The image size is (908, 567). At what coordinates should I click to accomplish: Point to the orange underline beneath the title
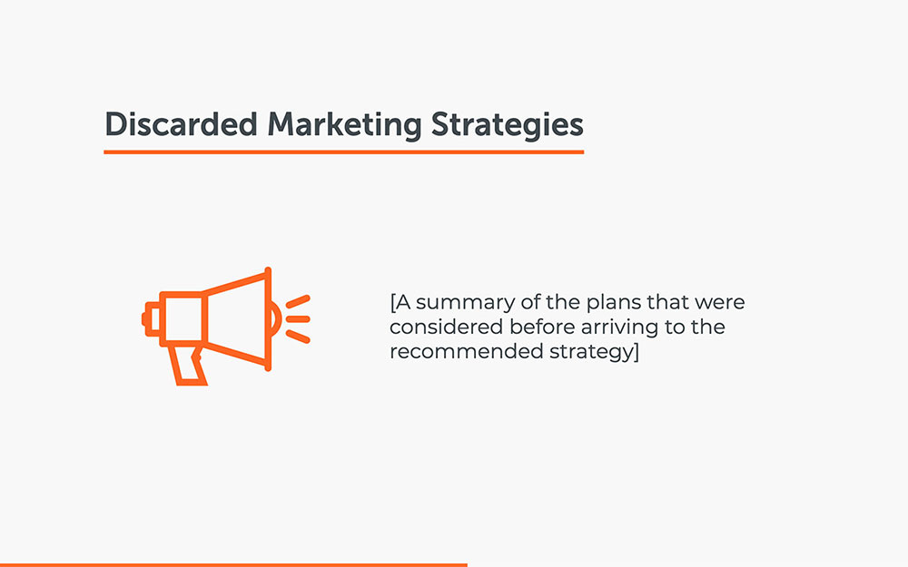[343, 152]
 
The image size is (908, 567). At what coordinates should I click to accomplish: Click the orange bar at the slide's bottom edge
[233, 564]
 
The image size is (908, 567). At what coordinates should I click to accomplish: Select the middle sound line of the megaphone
[300, 319]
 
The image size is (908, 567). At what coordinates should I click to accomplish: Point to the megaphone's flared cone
[238, 319]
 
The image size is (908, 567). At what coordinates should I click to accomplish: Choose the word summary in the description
[458, 302]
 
